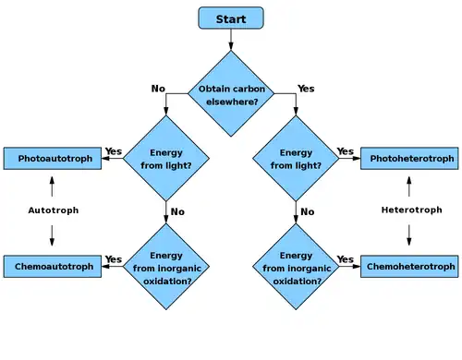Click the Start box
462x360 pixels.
[231, 18]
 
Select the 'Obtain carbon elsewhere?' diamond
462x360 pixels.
[231, 93]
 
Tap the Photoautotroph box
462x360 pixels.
[53, 159]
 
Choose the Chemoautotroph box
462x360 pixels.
[53, 267]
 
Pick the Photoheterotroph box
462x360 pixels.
[409, 159]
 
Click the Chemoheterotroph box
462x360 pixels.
[409, 267]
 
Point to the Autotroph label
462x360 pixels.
[54, 210]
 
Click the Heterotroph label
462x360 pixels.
[412, 210]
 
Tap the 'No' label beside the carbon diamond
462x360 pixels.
[158, 89]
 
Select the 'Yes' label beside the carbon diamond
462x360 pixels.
[306, 89]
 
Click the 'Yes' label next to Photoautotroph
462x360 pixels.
[114, 151]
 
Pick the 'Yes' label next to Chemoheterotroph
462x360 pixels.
[345, 259]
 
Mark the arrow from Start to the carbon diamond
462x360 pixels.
[231, 40]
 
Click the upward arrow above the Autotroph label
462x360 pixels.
[52, 186]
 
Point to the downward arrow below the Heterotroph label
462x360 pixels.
[409, 235]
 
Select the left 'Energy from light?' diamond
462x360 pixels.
[166, 159]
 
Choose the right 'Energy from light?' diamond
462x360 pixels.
[296, 159]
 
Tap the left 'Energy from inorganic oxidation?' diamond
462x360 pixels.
[166, 267]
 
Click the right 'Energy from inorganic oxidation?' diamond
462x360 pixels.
[296, 267]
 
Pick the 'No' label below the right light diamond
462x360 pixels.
[308, 211]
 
